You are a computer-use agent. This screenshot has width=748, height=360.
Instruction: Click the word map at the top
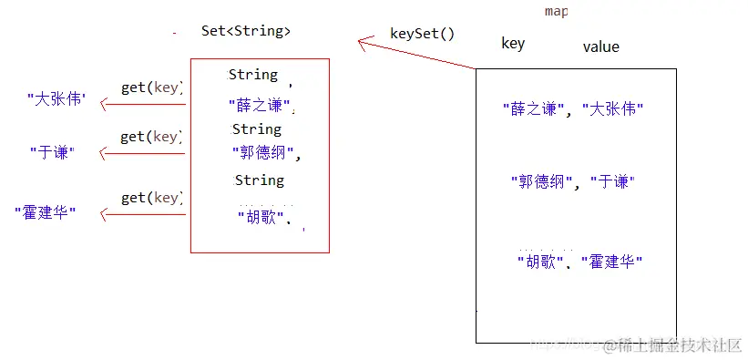[555, 11]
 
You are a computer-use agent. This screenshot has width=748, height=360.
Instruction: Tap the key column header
[513, 43]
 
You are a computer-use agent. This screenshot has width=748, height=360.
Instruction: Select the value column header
[600, 46]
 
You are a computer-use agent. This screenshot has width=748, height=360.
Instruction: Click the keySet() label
[422, 35]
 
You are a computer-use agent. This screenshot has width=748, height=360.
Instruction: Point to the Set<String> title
[246, 30]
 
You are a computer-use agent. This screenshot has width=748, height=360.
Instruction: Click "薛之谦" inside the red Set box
[260, 106]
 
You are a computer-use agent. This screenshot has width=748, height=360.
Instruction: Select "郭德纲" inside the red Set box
[264, 152]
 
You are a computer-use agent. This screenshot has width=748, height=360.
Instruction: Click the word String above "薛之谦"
[253, 74]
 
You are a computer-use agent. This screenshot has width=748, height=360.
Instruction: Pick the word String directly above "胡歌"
[260, 180]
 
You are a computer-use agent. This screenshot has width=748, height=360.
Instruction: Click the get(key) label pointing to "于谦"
[152, 137]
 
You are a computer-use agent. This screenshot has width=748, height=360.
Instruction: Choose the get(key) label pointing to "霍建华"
[152, 198]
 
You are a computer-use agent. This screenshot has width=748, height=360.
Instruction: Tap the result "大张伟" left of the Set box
[56, 98]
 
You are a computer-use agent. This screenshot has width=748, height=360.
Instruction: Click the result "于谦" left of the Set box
[51, 153]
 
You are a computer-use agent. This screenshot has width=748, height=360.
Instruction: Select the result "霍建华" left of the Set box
[46, 213]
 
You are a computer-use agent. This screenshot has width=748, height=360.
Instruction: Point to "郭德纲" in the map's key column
[541, 181]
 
